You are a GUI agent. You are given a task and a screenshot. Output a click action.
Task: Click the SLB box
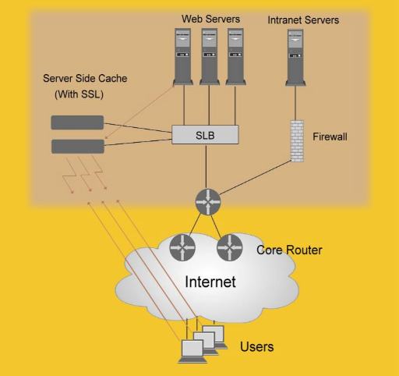205,134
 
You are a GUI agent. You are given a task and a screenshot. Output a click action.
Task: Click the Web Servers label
210,18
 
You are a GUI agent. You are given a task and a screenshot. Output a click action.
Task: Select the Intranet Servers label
303,20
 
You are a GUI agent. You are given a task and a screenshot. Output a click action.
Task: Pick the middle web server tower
209,55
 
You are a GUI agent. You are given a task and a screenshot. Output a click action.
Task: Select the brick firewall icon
296,140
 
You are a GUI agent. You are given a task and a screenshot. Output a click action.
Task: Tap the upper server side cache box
77,122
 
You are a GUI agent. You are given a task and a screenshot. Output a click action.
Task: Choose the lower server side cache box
77,146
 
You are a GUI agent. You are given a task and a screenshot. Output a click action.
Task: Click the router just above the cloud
208,201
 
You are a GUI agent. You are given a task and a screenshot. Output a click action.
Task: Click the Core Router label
289,250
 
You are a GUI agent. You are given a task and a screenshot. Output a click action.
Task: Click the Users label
256,346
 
